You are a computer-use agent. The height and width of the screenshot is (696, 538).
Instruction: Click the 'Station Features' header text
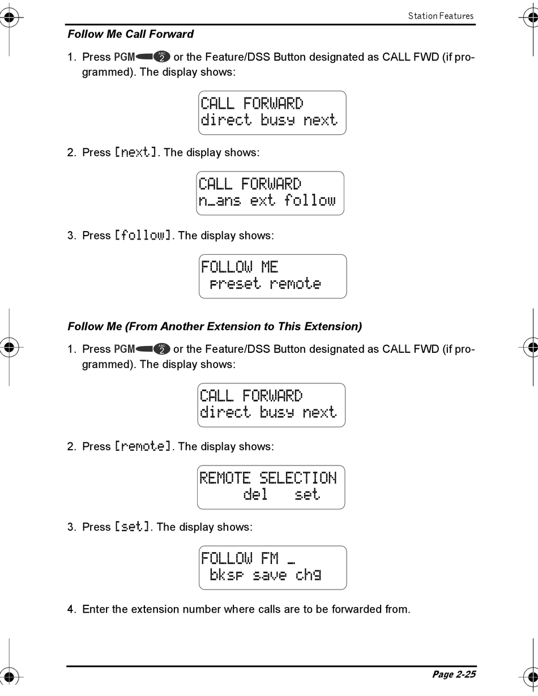coord(441,16)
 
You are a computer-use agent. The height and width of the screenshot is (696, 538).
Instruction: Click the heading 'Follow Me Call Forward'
coord(130,34)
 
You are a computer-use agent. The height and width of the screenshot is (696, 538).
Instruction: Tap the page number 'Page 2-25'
coord(454,674)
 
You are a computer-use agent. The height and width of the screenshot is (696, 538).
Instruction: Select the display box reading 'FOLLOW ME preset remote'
coord(272,276)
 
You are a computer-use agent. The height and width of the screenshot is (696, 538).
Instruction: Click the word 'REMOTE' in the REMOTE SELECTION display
coord(225,478)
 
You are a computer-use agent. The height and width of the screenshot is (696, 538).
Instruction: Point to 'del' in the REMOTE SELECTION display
coord(255,494)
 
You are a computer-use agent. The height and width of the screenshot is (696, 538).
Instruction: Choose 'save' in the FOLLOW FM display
coord(270,575)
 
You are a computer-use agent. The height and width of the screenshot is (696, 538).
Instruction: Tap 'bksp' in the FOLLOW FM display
coord(227,575)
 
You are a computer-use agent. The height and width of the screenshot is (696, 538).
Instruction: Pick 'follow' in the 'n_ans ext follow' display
coord(310,200)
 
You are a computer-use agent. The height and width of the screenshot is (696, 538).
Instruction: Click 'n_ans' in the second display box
coord(220,200)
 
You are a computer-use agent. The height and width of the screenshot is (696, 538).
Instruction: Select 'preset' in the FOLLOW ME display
coord(235,284)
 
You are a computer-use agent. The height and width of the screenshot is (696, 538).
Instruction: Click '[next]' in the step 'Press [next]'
coord(136,152)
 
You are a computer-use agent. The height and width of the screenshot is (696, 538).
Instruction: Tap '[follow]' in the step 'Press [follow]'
coord(143,235)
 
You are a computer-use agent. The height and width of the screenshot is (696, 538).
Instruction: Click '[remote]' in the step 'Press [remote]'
coord(143,446)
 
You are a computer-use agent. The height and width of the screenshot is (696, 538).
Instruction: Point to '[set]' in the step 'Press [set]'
coord(133,527)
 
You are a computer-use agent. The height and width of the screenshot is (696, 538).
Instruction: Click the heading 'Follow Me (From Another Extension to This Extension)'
coord(215,326)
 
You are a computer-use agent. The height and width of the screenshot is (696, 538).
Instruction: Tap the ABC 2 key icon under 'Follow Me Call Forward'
coord(162,57)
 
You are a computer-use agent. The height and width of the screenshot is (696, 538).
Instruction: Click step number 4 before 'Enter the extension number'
coord(71,609)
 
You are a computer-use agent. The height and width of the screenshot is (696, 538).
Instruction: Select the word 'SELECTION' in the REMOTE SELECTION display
coord(298,478)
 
